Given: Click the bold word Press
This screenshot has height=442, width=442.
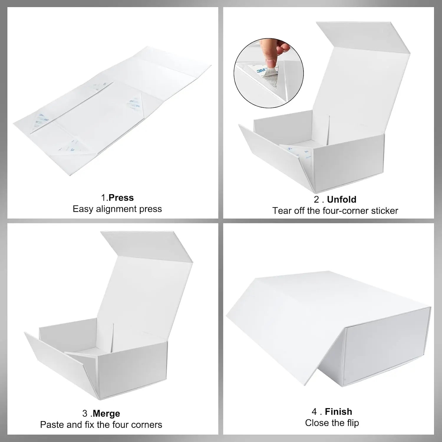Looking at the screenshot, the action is [x=121, y=198].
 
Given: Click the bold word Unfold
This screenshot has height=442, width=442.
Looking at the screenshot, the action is [x=342, y=199].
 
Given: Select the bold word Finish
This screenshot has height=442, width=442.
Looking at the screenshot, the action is [x=339, y=411].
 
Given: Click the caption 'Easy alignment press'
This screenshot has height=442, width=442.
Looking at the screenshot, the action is [x=117, y=209].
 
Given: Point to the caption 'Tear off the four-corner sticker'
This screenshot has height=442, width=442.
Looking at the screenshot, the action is [x=335, y=211].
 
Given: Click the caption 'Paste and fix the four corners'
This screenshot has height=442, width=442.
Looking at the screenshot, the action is [x=101, y=425].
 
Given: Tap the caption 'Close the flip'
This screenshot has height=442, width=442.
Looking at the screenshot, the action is [x=332, y=423].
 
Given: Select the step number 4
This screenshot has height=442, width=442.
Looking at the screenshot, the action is [x=315, y=412].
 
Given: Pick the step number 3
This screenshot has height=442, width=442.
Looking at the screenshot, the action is [x=85, y=414].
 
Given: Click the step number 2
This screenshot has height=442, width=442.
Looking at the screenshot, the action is [x=317, y=199].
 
